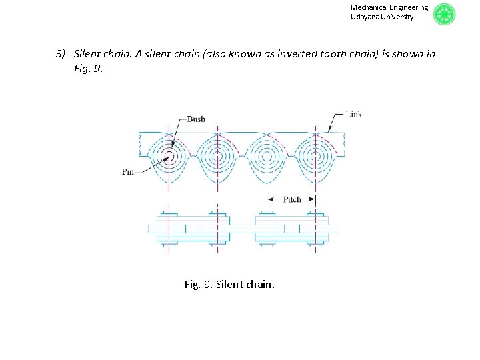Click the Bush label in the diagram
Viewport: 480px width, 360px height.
pos(196,119)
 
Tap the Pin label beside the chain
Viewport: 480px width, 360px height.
pos(128,171)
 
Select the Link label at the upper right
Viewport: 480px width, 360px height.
pos(353,114)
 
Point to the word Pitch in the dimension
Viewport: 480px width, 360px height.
pos(291,199)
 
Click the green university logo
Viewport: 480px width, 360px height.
pos(444,14)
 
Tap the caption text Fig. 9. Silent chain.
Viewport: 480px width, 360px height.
pos(229,285)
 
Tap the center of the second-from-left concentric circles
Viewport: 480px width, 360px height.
pos(217,157)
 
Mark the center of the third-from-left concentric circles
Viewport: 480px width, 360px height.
pos(267,157)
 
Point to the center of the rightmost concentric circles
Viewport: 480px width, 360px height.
pos(315,157)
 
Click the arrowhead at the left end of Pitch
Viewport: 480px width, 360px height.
pos(269,199)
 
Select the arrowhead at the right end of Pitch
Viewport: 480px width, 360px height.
pos(313,199)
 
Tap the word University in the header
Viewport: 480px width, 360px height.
pos(397,17)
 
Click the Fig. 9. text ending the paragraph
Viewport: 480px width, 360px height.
pos(89,68)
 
